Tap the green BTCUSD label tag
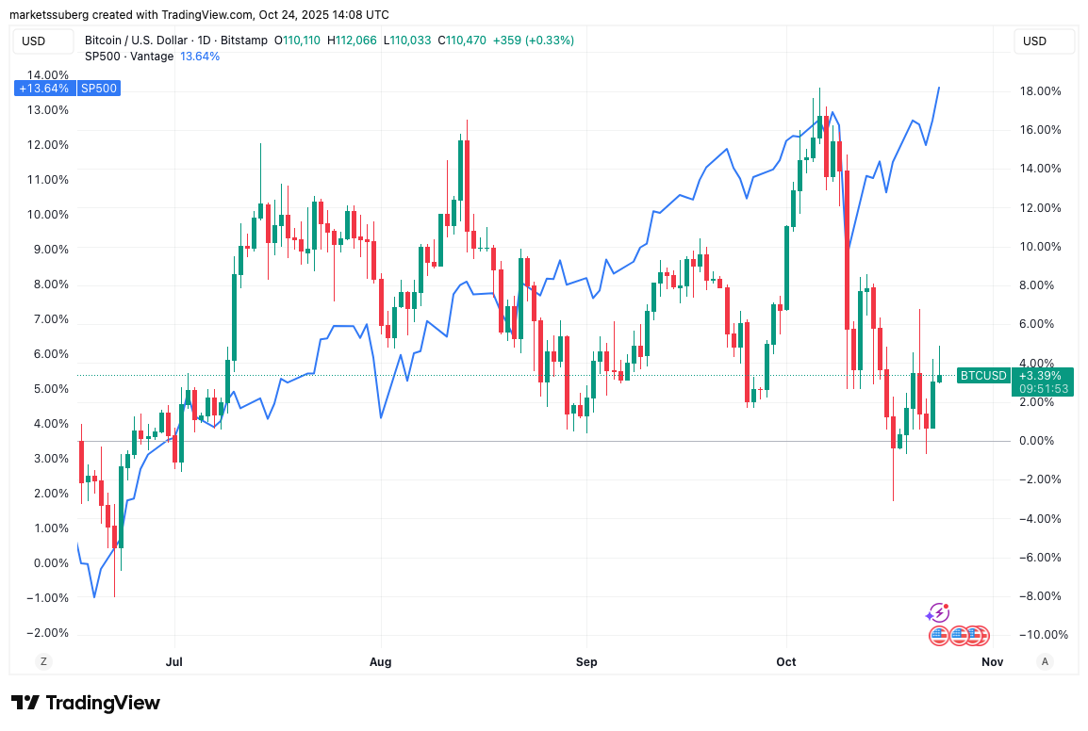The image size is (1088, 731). pyautogui.click(x=981, y=376)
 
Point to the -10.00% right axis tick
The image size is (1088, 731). pyautogui.click(x=1039, y=635)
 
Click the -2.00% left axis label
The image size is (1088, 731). pyautogui.click(x=44, y=632)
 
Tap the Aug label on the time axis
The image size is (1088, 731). pyautogui.click(x=380, y=661)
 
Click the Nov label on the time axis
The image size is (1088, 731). pyautogui.click(x=992, y=661)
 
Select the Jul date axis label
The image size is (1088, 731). pyautogui.click(x=173, y=661)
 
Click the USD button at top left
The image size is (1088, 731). pyautogui.click(x=34, y=41)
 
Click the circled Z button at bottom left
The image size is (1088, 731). pyautogui.click(x=43, y=661)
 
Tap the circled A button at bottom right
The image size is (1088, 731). pyautogui.click(x=1045, y=661)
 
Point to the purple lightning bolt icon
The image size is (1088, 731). pyautogui.click(x=937, y=613)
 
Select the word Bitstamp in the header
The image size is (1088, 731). pyautogui.click(x=244, y=41)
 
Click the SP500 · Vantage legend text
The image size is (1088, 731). pyautogui.click(x=129, y=57)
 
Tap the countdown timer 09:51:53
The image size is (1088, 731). pyautogui.click(x=1042, y=388)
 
